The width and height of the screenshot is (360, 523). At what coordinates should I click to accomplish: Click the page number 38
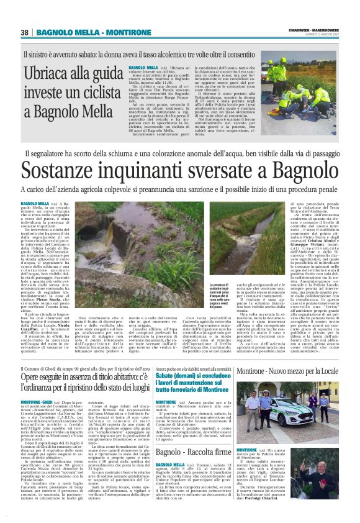tap(25, 32)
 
